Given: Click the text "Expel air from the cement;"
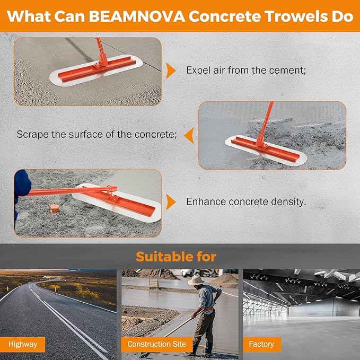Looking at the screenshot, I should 246,70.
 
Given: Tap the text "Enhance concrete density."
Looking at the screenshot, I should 246,202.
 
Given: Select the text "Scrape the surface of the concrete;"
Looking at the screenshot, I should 96,135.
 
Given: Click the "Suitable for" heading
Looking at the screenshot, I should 176,257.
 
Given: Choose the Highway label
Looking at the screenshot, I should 23,344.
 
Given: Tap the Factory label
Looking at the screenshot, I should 261,344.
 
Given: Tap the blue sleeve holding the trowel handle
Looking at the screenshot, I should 21,183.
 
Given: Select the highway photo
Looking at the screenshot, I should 58,308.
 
